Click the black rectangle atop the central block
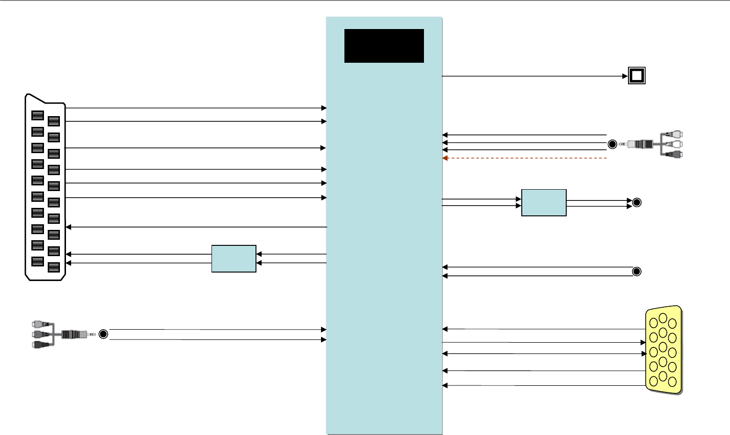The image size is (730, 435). pyautogui.click(x=384, y=46)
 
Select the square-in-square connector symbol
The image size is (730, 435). pyautogui.click(x=636, y=76)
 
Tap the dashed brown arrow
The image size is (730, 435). pyautogui.click(x=524, y=158)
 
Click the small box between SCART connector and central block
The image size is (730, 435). pyautogui.click(x=234, y=258)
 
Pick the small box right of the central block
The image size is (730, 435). pyautogui.click(x=544, y=203)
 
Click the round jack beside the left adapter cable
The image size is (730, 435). pyautogui.click(x=103, y=334)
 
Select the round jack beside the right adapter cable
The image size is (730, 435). pyautogui.click(x=612, y=144)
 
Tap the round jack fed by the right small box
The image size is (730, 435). pyautogui.click(x=636, y=203)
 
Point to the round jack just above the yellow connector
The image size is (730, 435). pyautogui.click(x=636, y=272)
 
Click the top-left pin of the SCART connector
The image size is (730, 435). pyautogui.click(x=37, y=116)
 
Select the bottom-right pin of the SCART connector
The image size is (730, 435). pyautogui.click(x=54, y=267)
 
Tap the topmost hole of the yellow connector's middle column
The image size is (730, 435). pyautogui.click(x=663, y=318)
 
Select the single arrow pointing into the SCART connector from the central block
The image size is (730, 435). pyautogui.click(x=197, y=227)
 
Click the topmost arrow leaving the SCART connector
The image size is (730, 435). pyautogui.click(x=197, y=108)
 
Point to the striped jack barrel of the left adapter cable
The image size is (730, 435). pyautogui.click(x=71, y=334)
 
